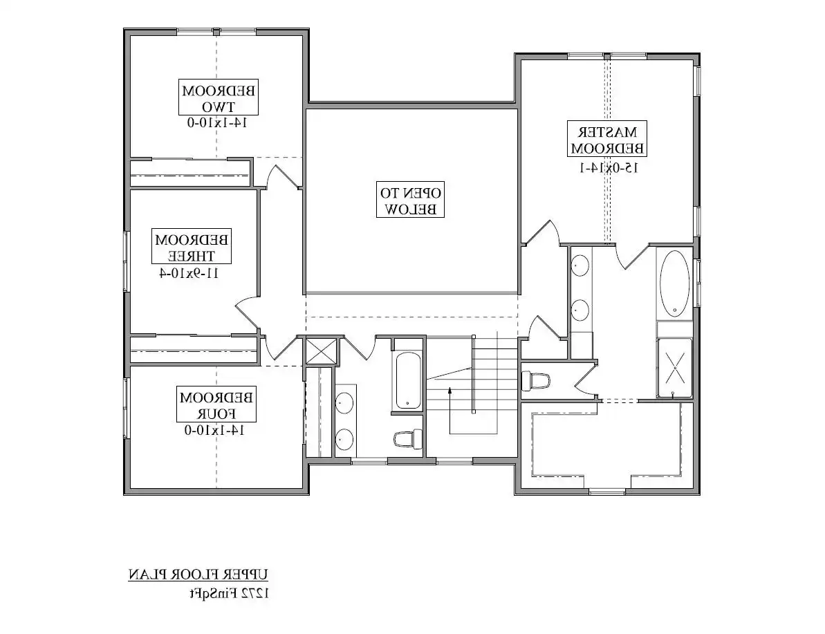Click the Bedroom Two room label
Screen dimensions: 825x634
pyautogui.click(x=219, y=98)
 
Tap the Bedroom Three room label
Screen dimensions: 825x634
pyautogui.click(x=192, y=247)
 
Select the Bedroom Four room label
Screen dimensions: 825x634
pyautogui.click(x=216, y=404)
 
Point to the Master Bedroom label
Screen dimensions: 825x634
pyautogui.click(x=607, y=139)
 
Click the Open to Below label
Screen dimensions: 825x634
pyautogui.click(x=410, y=200)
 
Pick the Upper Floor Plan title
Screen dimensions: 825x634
pyautogui.click(x=198, y=575)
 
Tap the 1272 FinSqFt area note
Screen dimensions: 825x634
pyautogui.click(x=230, y=593)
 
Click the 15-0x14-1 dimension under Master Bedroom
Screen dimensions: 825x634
pyautogui.click(x=609, y=168)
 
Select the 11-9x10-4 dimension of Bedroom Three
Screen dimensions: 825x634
pyautogui.click(x=188, y=273)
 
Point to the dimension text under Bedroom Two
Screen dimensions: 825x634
pyautogui.click(x=217, y=122)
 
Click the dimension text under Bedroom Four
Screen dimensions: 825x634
pyautogui.click(x=214, y=430)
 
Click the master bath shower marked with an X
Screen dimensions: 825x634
pyautogui.click(x=675, y=368)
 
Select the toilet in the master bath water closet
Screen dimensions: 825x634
pyautogui.click(x=536, y=380)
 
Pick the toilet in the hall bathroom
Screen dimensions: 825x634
pyautogui.click(x=409, y=438)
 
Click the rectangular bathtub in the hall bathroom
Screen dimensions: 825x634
pyautogui.click(x=408, y=380)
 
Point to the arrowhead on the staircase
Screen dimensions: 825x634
pyautogui.click(x=450, y=391)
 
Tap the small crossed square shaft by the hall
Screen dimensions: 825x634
pyautogui.click(x=322, y=351)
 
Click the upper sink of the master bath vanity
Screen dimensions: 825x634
pyautogui.click(x=580, y=265)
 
